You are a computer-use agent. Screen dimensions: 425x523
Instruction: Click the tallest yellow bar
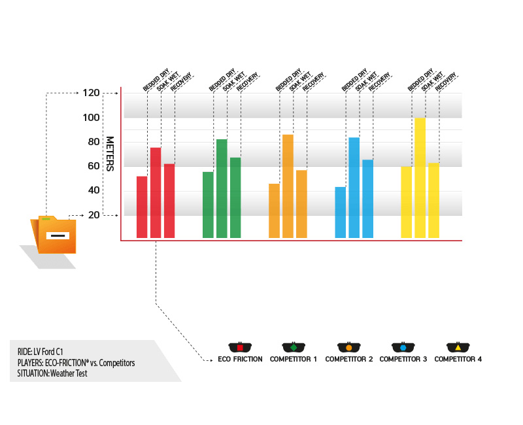click(420, 178)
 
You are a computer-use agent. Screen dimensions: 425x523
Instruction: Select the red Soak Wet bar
click(156, 193)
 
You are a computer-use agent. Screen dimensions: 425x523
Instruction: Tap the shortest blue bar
click(340, 212)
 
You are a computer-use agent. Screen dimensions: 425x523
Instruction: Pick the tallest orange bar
click(288, 186)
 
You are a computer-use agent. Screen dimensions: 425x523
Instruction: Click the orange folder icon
click(55, 234)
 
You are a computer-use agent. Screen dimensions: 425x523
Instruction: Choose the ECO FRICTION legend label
click(240, 359)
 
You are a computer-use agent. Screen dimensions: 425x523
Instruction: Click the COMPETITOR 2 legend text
click(349, 359)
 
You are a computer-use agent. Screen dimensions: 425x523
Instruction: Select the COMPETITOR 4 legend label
click(458, 359)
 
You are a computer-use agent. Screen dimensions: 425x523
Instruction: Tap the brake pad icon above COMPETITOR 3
click(403, 347)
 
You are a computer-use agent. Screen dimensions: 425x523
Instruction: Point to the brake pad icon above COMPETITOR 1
click(294, 347)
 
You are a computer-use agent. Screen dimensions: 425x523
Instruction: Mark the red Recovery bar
click(169, 201)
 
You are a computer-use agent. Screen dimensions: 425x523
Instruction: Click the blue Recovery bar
click(367, 199)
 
